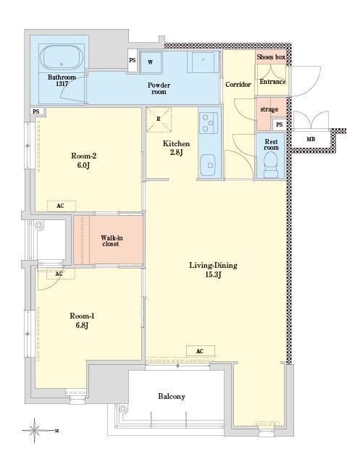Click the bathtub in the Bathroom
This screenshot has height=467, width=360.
pyautogui.click(x=62, y=57)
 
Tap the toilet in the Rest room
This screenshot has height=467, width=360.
pyautogui.click(x=271, y=164)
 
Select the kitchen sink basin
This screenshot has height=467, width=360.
pyautogui.click(x=209, y=165)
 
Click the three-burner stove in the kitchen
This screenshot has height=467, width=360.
pyautogui.click(x=209, y=122)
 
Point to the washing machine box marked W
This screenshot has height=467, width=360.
pyautogui.click(x=151, y=62)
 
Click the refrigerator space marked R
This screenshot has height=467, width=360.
pyautogui.click(x=159, y=119)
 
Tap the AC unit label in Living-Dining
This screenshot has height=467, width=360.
pyautogui.click(x=200, y=351)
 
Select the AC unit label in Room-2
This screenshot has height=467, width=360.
pyautogui.click(x=62, y=206)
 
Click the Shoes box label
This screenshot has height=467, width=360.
pyautogui.click(x=271, y=56)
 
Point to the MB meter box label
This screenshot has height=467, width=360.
pyautogui.click(x=311, y=139)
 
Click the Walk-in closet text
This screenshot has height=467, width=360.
pyautogui.click(x=111, y=240)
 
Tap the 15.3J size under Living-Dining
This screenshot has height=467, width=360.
pyautogui.click(x=214, y=274)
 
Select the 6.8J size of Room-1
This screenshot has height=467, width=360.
pyautogui.click(x=82, y=325)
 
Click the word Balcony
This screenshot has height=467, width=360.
pyautogui.click(x=172, y=397)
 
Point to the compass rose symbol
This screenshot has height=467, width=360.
pyautogui.click(x=35, y=430)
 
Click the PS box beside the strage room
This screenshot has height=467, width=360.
pyautogui.click(x=280, y=125)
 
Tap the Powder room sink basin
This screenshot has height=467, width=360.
pyautogui.click(x=203, y=62)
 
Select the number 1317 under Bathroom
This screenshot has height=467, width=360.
pyautogui.click(x=62, y=84)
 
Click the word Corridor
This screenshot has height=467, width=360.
pyautogui.click(x=238, y=85)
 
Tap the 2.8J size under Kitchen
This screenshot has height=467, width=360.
pyautogui.click(x=177, y=152)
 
